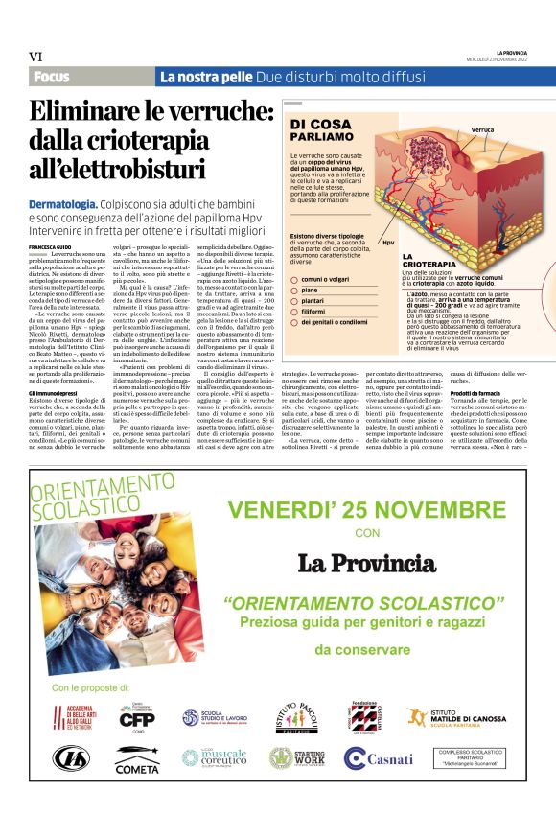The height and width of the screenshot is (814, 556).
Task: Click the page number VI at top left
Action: coord(37,57)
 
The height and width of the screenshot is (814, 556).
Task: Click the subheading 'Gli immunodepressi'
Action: coord(53,366)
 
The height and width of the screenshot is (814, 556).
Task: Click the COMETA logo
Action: coord(137,761)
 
